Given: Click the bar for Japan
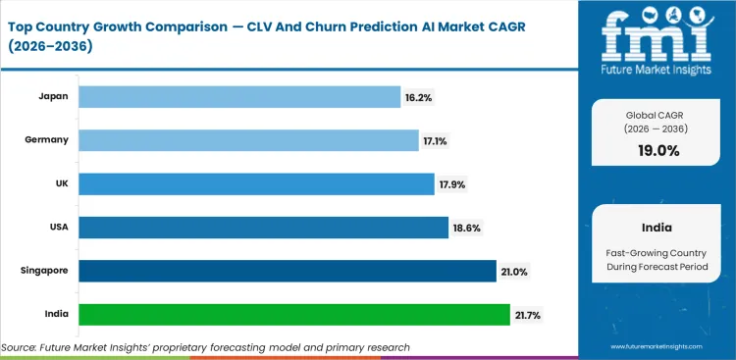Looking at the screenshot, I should pos(238,96).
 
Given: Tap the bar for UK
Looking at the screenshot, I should pos(255,183).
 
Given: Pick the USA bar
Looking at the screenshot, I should pos(263,228).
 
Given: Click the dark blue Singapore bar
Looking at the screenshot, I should pos(287,271).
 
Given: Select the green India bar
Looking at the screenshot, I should pos(293,315).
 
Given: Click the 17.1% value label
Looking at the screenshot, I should pos(434,140).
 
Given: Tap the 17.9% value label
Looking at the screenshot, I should pos(449,184).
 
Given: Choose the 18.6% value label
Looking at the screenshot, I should pos(465,228).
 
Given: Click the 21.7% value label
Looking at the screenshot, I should pos(527,315).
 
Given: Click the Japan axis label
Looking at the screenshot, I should pos(52,96).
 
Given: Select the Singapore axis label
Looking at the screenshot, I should pos(43,271).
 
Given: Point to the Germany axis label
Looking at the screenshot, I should pos(47,140).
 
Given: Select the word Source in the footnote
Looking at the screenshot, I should pos(22,347).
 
